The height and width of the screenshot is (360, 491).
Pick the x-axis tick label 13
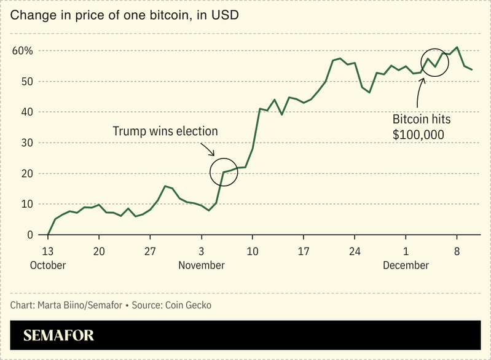pyautogui.click(x=48, y=251)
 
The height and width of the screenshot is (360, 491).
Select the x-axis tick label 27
pyautogui.click(x=150, y=251)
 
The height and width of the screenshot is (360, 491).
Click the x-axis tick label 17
pyautogui.click(x=303, y=251)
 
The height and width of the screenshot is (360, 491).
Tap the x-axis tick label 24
pyautogui.click(x=355, y=251)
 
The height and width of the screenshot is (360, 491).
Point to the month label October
pyautogui.click(x=48, y=265)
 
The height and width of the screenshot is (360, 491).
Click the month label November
pyautogui.click(x=201, y=265)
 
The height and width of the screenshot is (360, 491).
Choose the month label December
pyautogui.click(x=406, y=265)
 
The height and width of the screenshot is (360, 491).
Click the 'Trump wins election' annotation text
pyautogui.click(x=165, y=131)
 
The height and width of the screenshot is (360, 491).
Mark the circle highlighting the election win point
pyautogui.click(x=224, y=172)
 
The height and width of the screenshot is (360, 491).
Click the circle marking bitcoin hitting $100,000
pyautogui.click(x=435, y=62)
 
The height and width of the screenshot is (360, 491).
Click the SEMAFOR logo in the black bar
pyautogui.click(x=58, y=336)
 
